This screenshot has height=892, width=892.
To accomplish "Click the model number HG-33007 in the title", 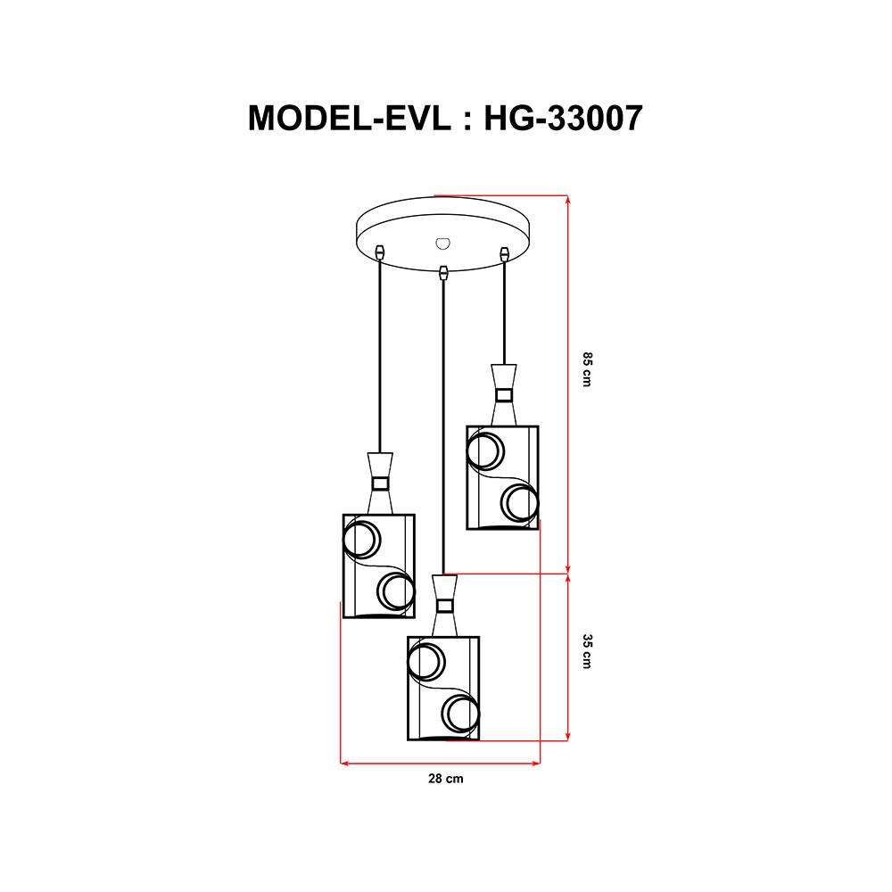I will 563,116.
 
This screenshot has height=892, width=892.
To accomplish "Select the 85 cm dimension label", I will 587,370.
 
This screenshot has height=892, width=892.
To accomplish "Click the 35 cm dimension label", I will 587,652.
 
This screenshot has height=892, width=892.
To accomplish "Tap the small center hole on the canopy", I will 442,242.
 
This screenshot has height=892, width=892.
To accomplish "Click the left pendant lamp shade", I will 379,566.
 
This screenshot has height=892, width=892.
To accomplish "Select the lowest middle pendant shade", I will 443,688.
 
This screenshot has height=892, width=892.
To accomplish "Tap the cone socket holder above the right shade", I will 504,393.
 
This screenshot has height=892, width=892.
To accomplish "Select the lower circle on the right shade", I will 520,503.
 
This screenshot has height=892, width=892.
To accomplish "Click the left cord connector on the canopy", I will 381,252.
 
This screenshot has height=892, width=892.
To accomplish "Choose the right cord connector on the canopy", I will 505,252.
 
